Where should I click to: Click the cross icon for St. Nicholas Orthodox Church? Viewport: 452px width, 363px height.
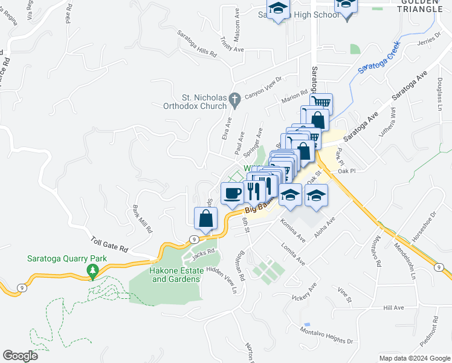click(236, 97)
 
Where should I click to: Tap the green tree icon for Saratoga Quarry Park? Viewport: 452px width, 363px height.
click(92, 272)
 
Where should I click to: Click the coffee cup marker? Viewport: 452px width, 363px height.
click(232, 194)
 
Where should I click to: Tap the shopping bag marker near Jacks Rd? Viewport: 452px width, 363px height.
click(206, 219)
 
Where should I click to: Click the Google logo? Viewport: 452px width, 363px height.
click(20, 356)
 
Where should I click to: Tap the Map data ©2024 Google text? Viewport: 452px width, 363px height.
click(415, 358)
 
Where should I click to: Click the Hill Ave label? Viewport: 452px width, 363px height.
click(393, 308)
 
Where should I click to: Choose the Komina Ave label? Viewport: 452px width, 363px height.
click(293, 231)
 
